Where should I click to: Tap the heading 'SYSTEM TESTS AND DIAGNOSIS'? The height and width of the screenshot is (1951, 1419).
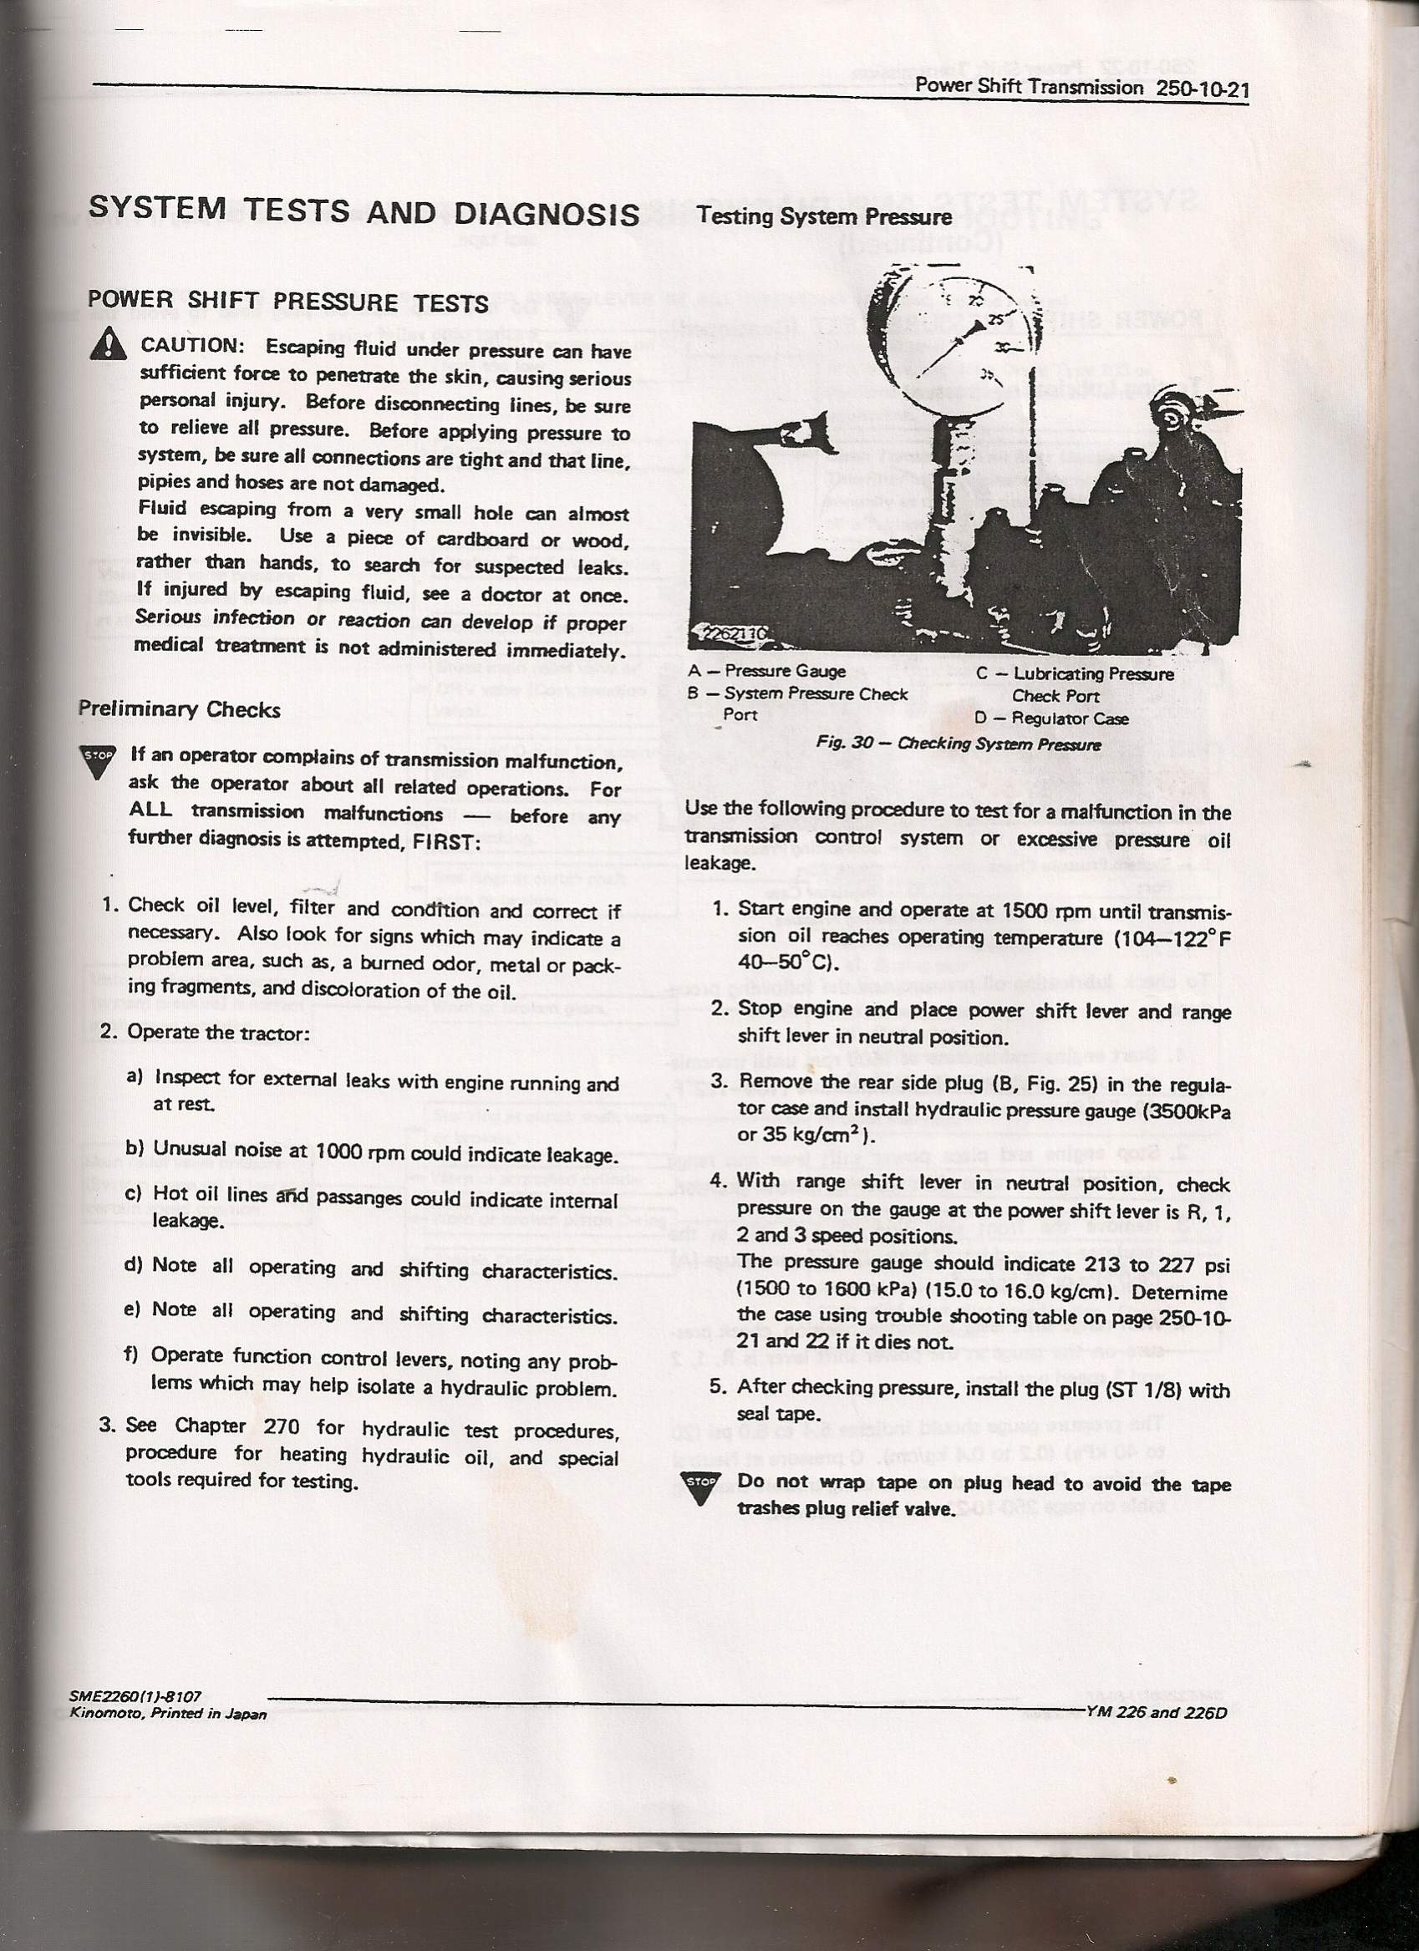pos(364,211)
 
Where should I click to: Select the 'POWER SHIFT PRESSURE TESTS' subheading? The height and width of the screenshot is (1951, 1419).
pos(288,302)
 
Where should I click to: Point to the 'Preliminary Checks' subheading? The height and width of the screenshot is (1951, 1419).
pos(179,709)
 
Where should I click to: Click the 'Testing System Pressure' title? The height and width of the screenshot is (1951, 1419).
pos(825,216)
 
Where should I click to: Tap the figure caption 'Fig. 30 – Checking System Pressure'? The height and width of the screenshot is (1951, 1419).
pos(959,744)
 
